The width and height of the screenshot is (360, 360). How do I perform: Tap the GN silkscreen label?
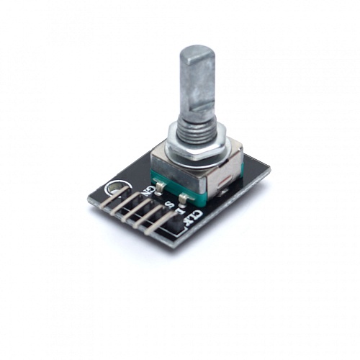(x=150, y=191)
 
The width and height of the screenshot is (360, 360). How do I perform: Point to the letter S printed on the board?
(x=170, y=205)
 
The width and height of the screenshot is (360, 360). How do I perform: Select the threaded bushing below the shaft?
(x=195, y=130)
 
